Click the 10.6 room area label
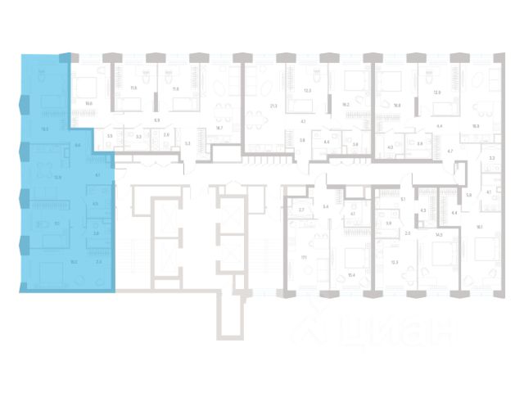tap(88, 104)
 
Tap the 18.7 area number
tap(219, 129)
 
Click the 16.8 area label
tap(397, 105)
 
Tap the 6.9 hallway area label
tap(156, 120)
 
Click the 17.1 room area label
tap(304, 255)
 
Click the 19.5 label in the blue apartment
tap(45, 129)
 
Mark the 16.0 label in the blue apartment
tap(73, 262)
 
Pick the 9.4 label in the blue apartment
tap(77, 145)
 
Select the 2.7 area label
tap(300, 210)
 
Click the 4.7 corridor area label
tap(449, 151)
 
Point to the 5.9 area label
tap(468, 195)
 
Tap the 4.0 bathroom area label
tap(390, 147)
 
